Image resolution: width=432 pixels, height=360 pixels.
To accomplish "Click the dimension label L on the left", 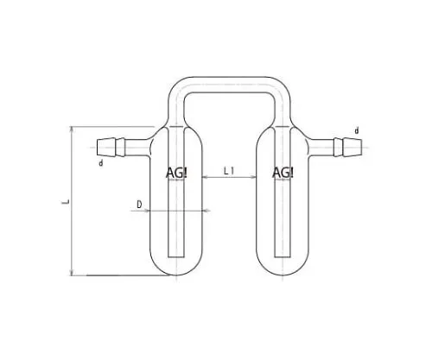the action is (67, 201).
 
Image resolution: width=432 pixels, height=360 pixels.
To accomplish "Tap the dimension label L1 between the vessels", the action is (229, 171).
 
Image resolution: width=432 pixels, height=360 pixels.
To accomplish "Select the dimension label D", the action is (139, 205).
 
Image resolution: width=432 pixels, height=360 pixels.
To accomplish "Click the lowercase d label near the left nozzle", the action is (101, 163).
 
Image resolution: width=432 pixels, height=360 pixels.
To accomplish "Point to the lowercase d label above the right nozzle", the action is (357, 130).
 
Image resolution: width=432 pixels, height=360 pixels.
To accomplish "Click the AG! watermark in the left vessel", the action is (176, 173).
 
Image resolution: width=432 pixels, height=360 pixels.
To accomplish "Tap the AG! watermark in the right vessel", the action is (283, 173).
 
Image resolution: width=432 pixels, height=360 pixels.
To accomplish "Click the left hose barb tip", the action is (98, 148).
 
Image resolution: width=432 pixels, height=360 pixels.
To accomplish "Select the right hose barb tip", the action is (361, 148).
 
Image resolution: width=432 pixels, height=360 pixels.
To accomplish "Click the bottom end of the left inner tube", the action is (176, 256).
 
